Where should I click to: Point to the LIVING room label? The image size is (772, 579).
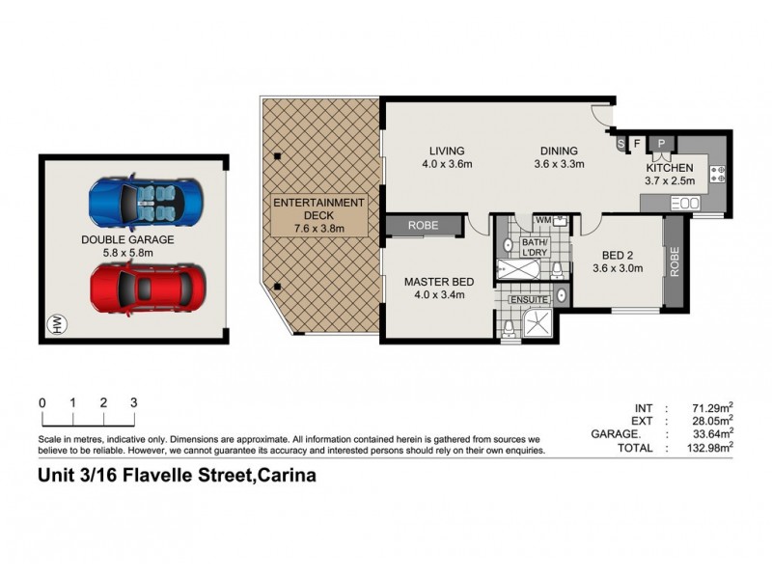pos(447,157)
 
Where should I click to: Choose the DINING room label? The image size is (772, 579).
pos(555,157)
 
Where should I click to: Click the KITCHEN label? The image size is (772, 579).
pos(670,174)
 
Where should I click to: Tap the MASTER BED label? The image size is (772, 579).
pos(436,288)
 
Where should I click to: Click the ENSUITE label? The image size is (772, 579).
pos(530,300)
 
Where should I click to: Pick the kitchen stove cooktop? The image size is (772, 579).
pos(719,175)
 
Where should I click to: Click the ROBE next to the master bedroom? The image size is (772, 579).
pos(423,226)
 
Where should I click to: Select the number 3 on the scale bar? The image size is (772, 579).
pos(133,402)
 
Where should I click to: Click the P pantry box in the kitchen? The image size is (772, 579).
pos(662,144)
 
